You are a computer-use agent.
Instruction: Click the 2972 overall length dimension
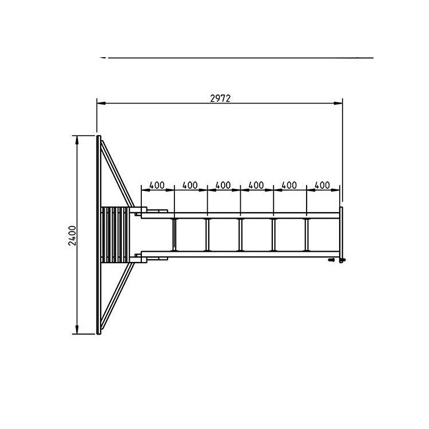pos(220,98)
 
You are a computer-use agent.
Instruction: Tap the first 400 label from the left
pos(157,185)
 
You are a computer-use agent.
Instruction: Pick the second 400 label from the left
pos(190,185)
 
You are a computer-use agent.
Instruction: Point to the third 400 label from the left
pos(223,185)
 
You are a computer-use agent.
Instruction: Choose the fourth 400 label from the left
pos(256,185)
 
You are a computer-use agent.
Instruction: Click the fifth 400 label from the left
pos(289,185)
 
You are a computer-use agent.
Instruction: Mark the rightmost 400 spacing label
pos(323,185)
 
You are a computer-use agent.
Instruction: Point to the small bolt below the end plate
pos(331,260)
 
